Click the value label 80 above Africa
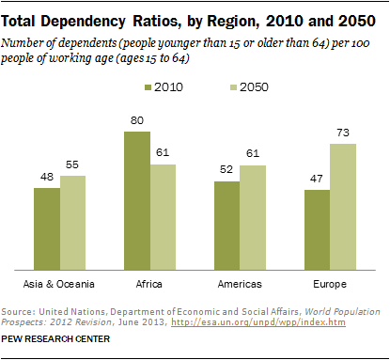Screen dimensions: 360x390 click(x=136, y=122)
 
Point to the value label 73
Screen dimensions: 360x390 click(x=341, y=134)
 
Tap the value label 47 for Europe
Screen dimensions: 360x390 click(x=316, y=180)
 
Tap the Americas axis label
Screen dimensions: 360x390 click(x=239, y=282)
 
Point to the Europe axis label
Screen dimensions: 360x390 click(x=328, y=282)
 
